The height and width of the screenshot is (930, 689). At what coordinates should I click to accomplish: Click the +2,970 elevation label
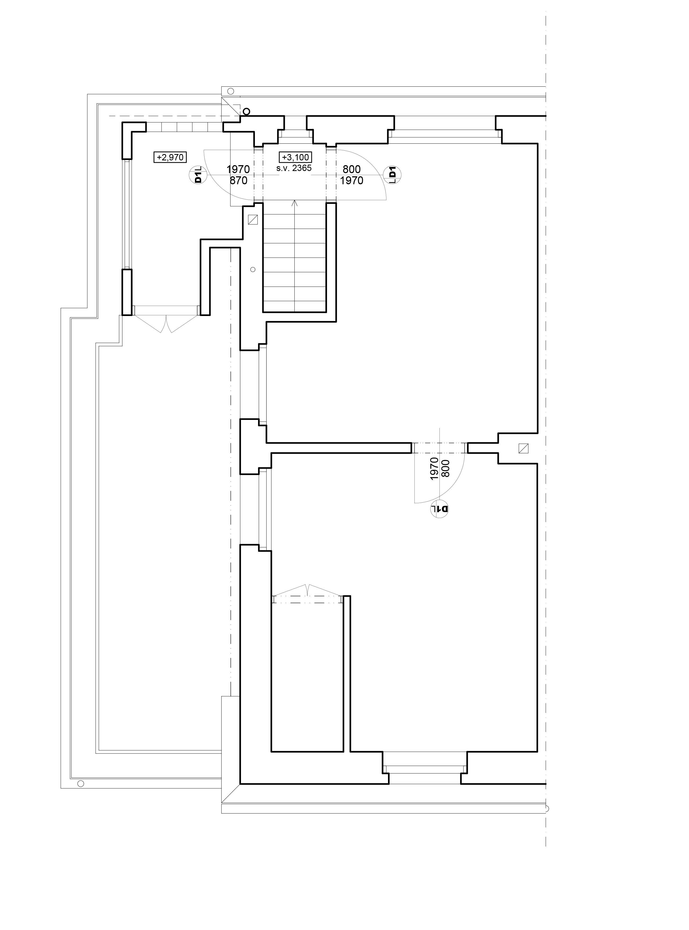(170, 157)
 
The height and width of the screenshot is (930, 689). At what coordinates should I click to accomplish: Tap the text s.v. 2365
(294, 168)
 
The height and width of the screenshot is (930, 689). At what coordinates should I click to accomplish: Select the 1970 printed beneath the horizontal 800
(352, 181)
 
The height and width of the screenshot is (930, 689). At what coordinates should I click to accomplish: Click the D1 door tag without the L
(392, 175)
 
